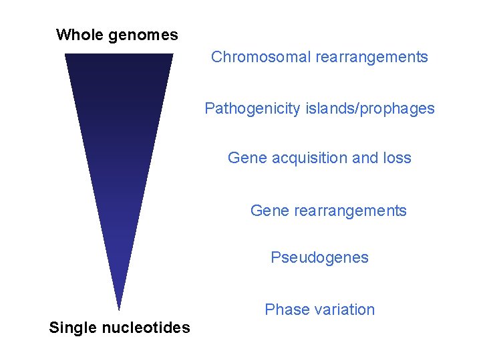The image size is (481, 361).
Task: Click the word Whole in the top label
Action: coord(77,35)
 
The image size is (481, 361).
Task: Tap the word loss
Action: coord(397,158)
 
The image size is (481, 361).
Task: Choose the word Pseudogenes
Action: coord(319,258)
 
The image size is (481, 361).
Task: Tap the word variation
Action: coord(343,310)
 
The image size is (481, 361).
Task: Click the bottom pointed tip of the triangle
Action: coord(118,309)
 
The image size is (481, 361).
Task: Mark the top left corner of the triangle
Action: coord(65,54)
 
